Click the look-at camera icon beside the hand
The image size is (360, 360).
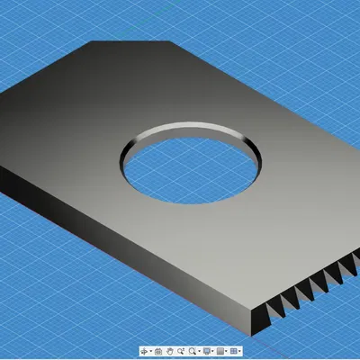pos(157,350)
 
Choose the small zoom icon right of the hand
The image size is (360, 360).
pos(180,350)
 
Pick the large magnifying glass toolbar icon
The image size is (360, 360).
pos(192,350)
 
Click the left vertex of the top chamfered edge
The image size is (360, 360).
pos(89,41)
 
